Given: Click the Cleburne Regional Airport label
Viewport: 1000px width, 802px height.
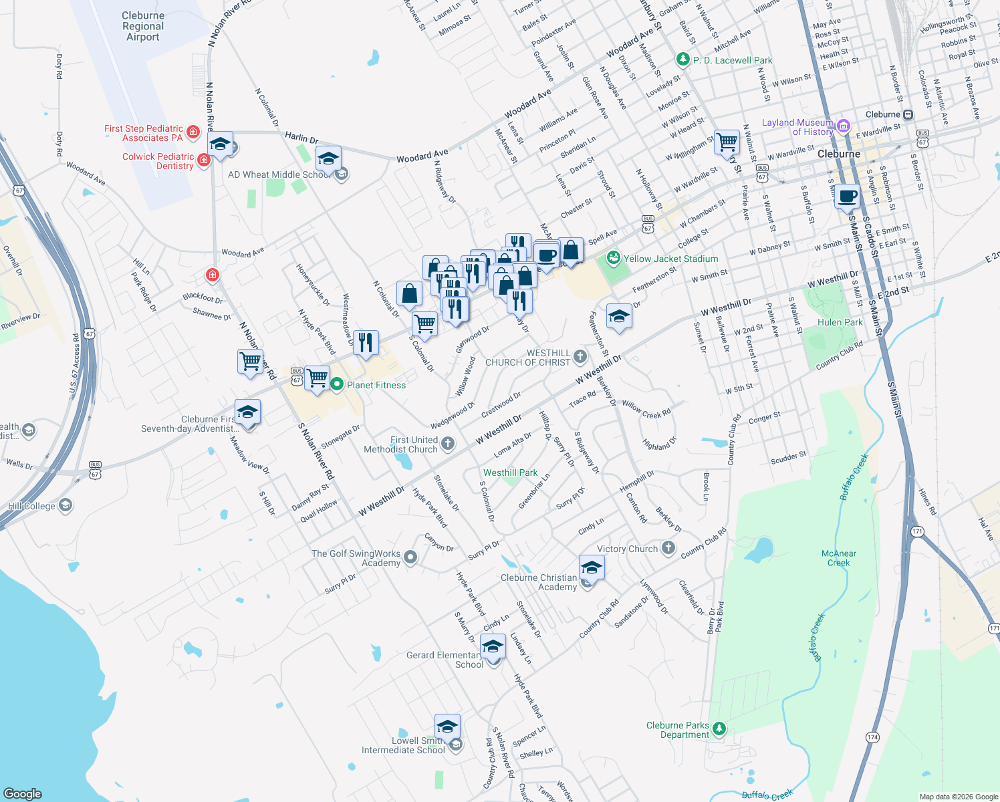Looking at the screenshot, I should coord(143,26).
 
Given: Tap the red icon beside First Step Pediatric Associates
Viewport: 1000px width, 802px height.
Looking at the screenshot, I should coord(193,132).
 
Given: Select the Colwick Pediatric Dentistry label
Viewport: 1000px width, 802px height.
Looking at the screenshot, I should coord(158,161).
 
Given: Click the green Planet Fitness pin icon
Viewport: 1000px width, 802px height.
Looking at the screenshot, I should coord(337,384).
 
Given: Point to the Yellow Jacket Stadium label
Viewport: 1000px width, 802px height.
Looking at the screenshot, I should coord(670,259).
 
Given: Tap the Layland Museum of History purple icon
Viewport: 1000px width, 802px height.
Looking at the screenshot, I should coord(844,126).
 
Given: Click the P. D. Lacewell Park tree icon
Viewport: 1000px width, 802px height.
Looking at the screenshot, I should coord(682,60).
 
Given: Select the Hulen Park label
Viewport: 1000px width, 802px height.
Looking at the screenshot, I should coord(840,322).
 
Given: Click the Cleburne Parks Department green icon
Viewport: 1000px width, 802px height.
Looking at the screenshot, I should coord(719,728).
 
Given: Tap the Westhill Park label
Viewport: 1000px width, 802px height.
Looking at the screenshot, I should coord(510,473).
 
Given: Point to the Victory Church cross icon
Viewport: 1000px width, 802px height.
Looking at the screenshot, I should coord(668,549).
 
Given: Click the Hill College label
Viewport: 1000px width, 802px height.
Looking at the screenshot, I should coord(31,506).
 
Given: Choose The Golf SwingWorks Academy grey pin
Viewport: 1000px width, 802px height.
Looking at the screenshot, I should coord(410,557).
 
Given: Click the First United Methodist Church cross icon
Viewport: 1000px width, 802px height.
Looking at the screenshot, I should coord(448,443).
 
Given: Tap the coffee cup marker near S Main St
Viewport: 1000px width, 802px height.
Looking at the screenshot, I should coord(847,197).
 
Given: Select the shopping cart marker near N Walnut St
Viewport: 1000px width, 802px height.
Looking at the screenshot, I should coord(727,142).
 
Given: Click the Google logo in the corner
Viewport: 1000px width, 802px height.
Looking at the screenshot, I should coord(23,793).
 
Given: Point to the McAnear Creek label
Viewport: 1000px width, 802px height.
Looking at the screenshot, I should coord(838,558).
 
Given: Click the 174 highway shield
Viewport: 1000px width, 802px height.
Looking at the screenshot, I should coord(872,737).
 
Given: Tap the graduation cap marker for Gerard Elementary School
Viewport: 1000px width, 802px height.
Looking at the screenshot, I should coord(493,648).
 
